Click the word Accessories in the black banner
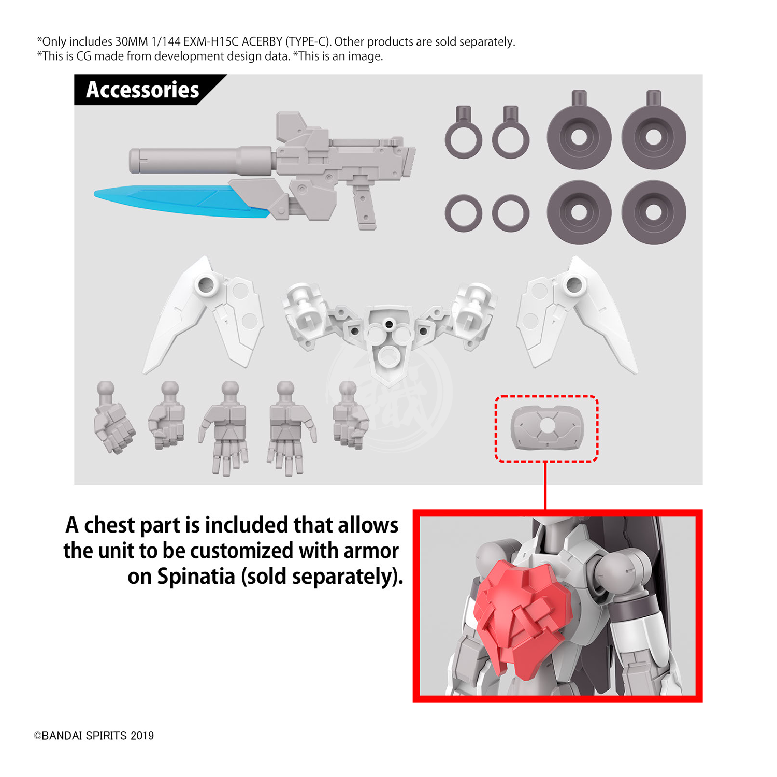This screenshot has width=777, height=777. point(142,90)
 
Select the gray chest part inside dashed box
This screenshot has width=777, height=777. point(547,428)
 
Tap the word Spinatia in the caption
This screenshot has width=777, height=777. point(196,576)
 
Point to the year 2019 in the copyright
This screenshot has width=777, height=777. point(142,736)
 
